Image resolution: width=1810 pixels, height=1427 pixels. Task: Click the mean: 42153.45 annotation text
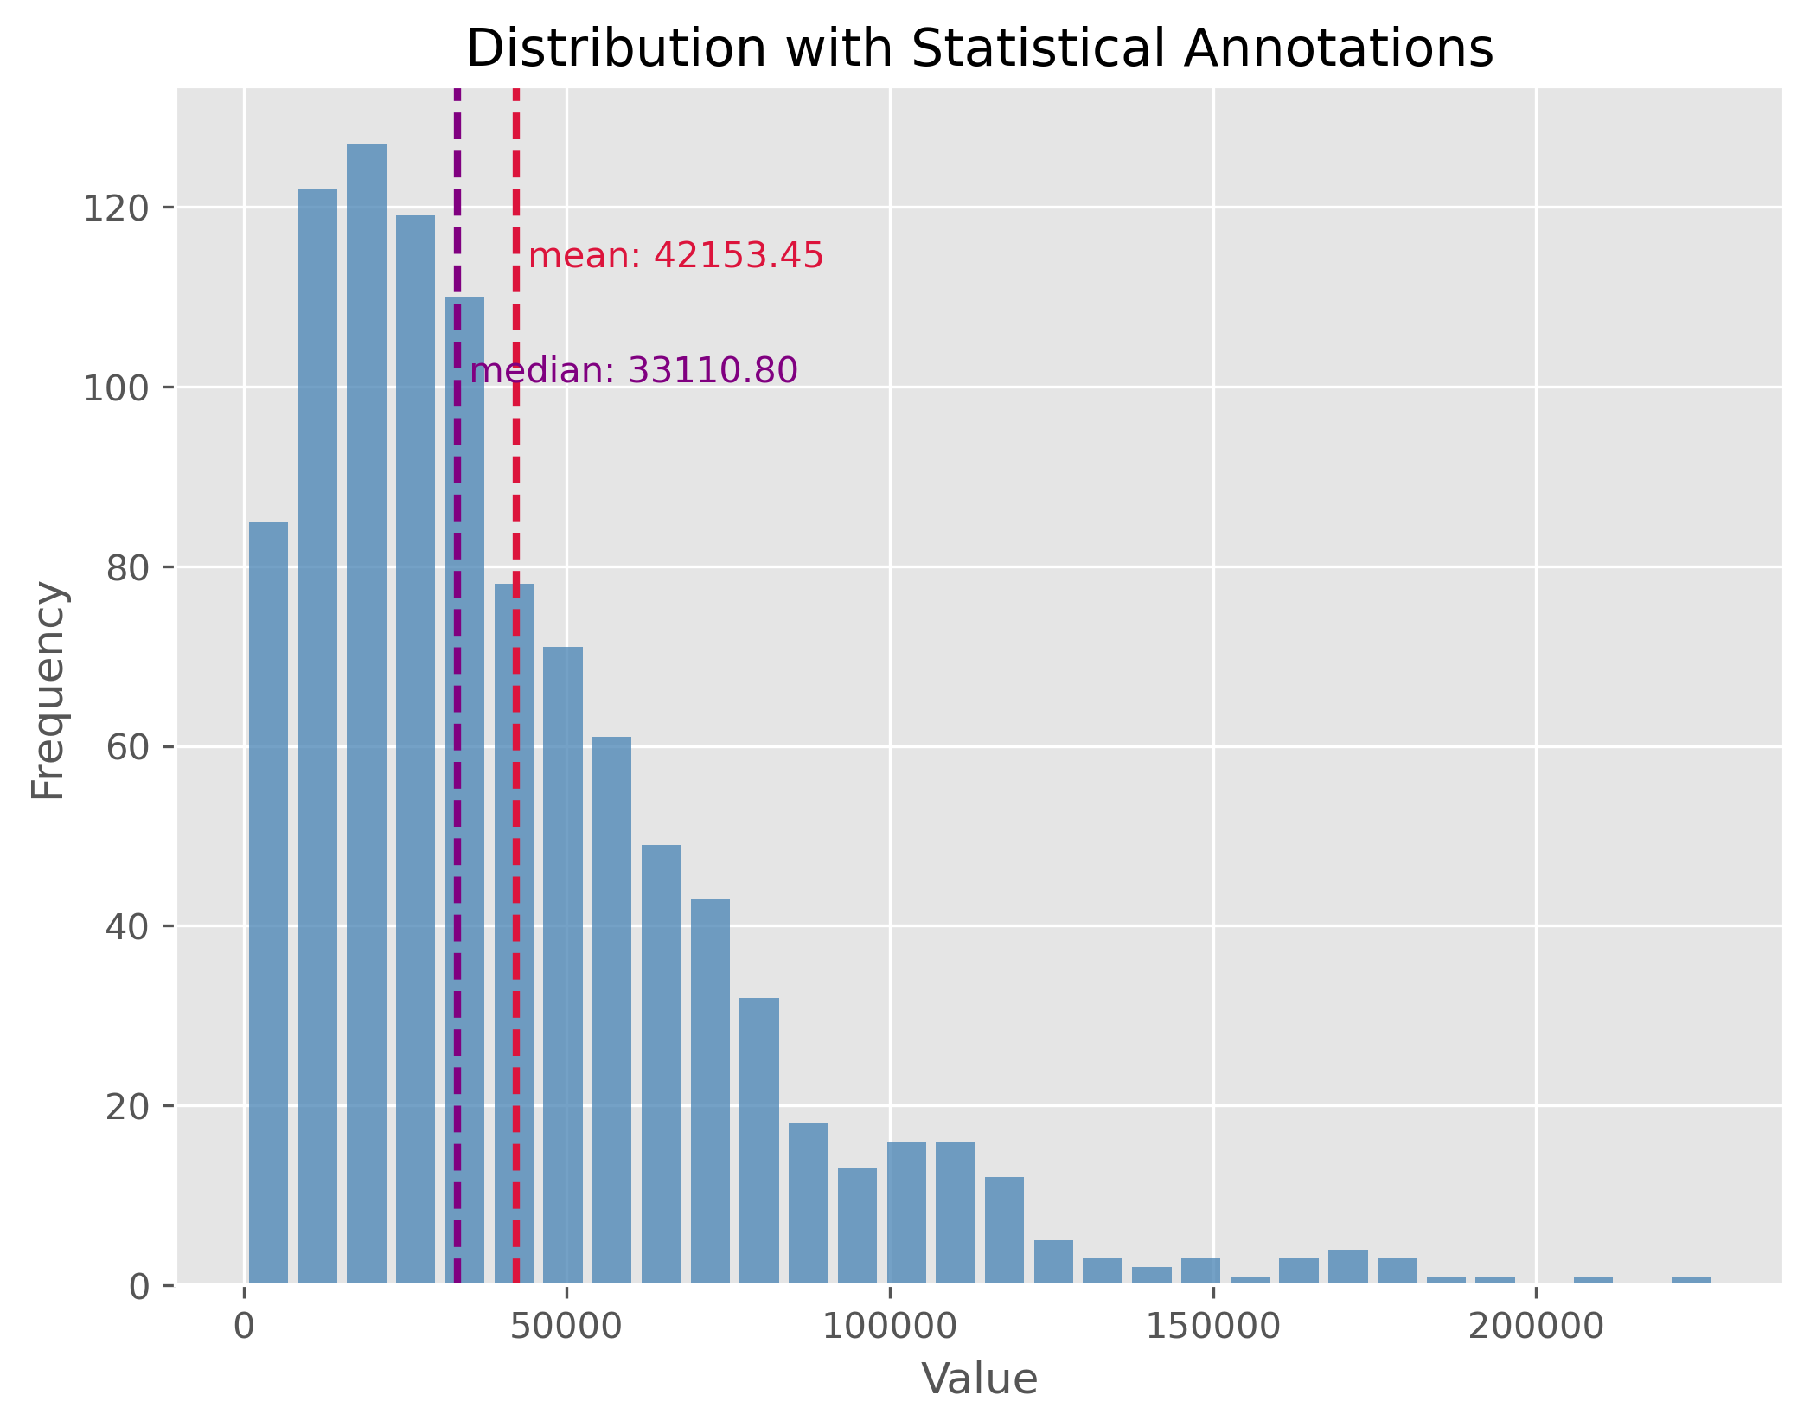675,256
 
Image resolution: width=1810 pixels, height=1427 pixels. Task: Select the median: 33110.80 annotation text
634,371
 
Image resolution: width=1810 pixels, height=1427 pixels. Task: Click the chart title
979,48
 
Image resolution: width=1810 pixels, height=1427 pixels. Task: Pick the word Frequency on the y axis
48,691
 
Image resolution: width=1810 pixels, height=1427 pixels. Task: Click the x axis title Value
979,1379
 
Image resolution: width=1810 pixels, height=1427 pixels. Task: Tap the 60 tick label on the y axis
125,747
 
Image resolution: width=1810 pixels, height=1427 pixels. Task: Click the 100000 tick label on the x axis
890,1327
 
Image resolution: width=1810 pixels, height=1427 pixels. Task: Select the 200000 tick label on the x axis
1536,1327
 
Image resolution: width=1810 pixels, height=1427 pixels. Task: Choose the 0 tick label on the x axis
245,1327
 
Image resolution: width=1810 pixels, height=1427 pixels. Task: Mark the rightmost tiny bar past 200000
1691,1280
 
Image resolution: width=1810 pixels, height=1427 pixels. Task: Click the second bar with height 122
317,736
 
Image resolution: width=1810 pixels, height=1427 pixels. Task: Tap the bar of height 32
759,1141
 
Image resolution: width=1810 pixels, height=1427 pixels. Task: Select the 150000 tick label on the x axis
1212,1327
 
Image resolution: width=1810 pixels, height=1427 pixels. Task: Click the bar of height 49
661,1065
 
